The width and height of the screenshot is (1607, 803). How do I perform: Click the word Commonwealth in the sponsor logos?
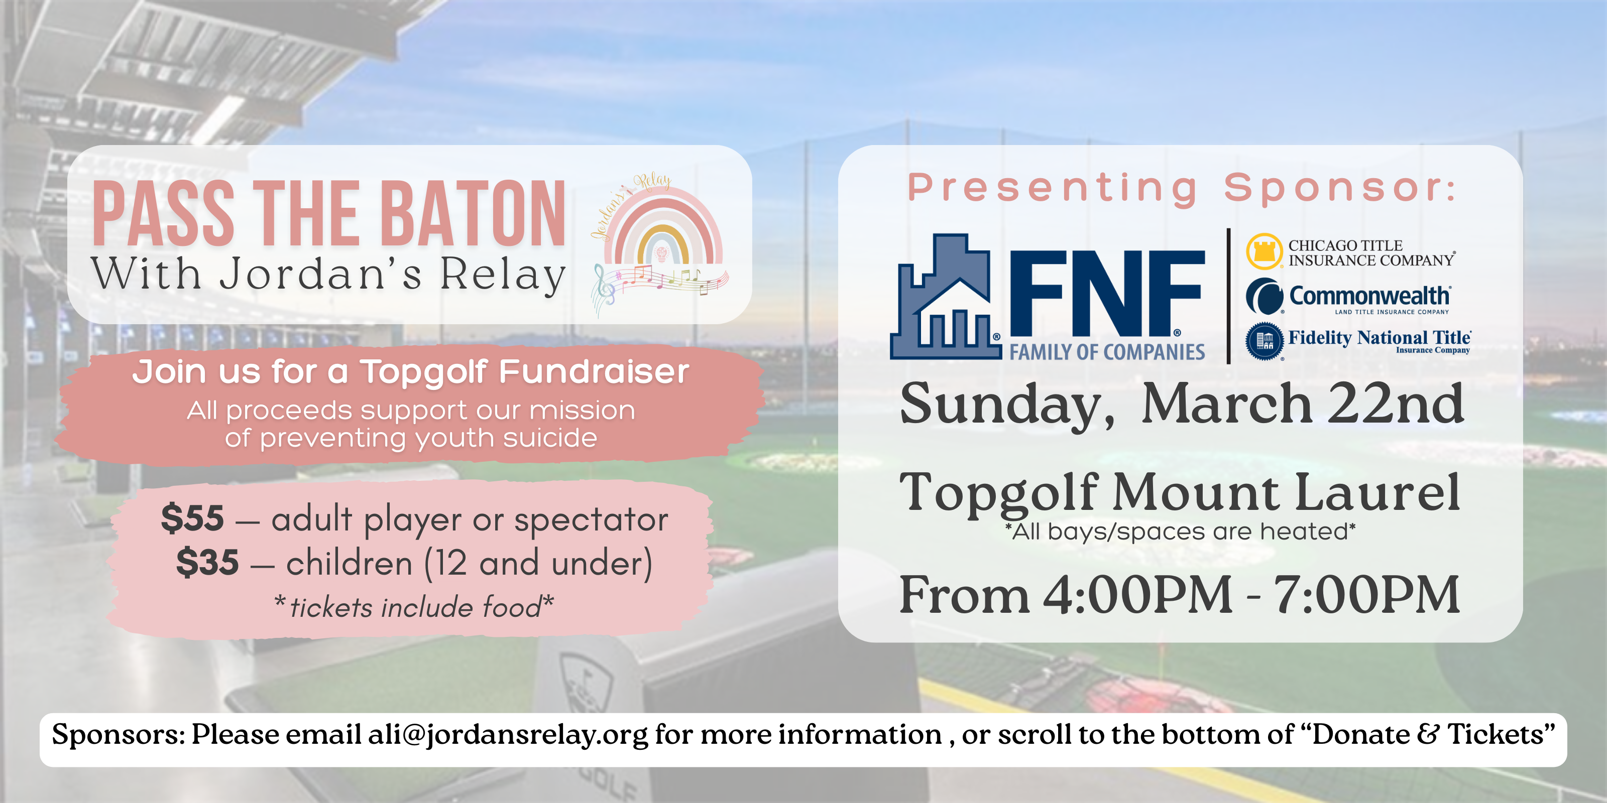[1369, 296]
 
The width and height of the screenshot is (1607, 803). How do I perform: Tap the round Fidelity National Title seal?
[1264, 340]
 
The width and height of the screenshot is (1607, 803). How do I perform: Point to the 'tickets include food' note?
[415, 607]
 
